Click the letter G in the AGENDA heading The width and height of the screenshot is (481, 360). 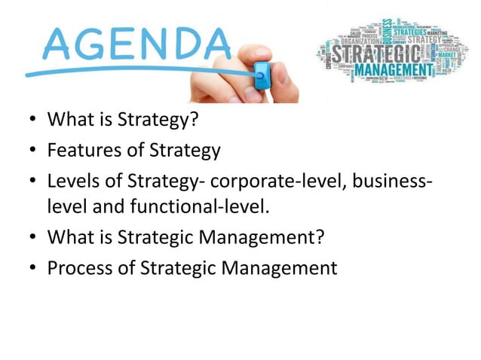88,44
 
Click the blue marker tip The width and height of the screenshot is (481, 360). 262,73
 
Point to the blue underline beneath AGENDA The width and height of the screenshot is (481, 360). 136,72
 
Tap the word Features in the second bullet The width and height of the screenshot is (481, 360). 76,151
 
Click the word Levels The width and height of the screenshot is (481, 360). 69,182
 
